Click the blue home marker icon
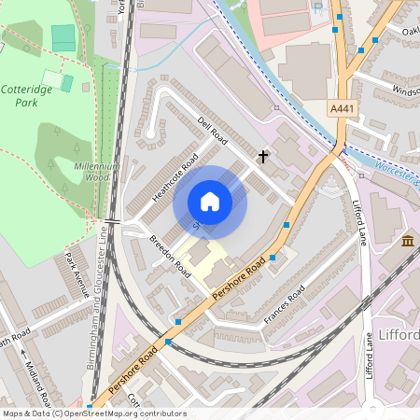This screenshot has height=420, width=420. pos(210,202)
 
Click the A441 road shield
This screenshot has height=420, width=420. pos(342,110)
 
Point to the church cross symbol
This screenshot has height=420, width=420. pos(263,156)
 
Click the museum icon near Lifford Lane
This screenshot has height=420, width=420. pos(408,243)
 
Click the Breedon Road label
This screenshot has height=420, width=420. pos(169,255)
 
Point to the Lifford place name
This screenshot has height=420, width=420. pos(399,334)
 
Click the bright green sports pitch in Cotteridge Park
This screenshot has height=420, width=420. pos(63,38)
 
